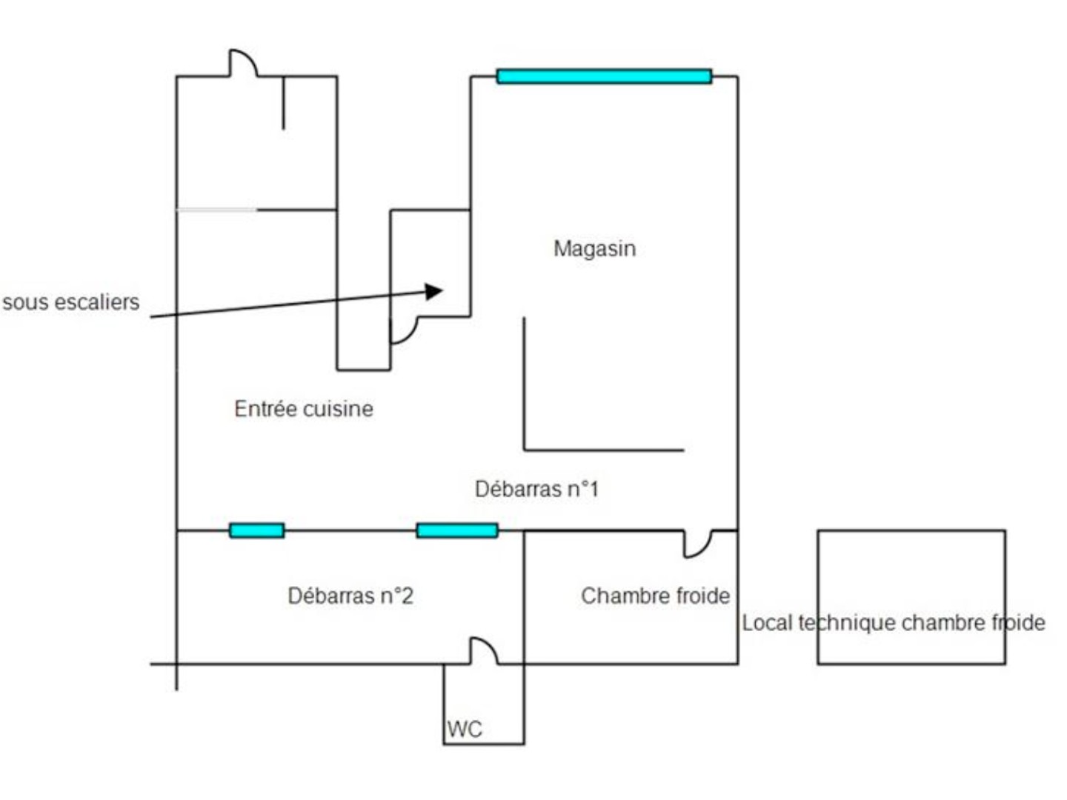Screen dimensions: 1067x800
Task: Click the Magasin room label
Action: pos(594,248)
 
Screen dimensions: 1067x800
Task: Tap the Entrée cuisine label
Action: pos(303,408)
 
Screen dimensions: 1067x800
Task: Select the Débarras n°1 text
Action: pos(536,489)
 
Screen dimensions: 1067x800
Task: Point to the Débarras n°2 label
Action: pos(350,596)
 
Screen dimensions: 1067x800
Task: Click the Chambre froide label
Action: pos(655,596)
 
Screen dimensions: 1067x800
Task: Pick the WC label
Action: pos(465,729)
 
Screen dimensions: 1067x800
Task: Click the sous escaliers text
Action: pos(71,302)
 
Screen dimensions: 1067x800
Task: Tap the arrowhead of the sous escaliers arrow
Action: pos(433,291)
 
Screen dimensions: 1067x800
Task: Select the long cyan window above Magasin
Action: pos(604,76)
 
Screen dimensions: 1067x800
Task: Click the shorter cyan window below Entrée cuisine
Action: pos(256,530)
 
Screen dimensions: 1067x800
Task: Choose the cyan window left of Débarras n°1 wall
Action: pos(457,530)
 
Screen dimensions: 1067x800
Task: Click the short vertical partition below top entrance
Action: pos(283,102)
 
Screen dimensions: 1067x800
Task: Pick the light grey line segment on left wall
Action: pos(217,210)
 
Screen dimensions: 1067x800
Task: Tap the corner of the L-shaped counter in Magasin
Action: pos(524,450)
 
